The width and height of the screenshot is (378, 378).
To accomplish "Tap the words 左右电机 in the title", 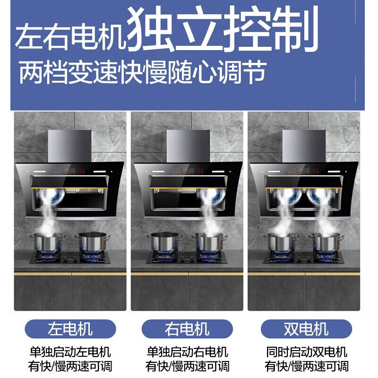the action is pos(70,36).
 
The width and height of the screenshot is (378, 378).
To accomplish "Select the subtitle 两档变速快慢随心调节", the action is pos(143,72).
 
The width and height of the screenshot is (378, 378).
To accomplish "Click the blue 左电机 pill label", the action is pos(70,329).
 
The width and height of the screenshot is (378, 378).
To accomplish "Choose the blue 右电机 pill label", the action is pos(187,329).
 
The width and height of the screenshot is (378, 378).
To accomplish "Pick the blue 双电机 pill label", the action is pos(306,329).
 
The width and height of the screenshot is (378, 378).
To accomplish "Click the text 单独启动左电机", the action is pos(70,352).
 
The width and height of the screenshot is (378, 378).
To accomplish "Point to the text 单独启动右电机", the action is pos(187,352).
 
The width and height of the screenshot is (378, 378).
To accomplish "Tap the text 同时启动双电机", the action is pos(306,352).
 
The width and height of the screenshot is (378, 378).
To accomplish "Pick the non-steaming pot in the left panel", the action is pos(93,241).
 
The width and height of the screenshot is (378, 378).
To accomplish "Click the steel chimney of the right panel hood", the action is pos(304,146).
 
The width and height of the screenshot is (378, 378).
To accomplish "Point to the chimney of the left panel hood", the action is pos(69,146).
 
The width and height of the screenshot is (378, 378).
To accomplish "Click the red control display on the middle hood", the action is pos(187,171).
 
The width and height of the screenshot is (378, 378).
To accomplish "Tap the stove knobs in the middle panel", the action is pos(187,259).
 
